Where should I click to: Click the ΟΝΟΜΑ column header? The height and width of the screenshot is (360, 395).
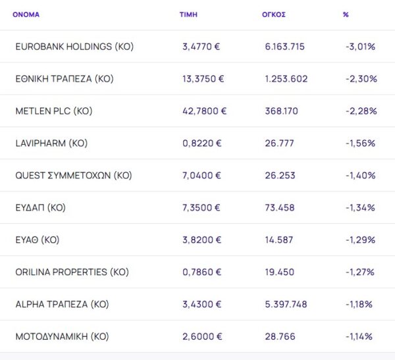tap(26, 14)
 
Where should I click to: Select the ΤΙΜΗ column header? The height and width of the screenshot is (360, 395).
tap(188, 14)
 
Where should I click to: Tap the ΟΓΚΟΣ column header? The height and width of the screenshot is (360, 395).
tap(273, 14)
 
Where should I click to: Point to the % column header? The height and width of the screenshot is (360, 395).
tap(346, 14)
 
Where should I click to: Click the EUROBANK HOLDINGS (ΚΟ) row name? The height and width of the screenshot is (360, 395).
tap(74, 47)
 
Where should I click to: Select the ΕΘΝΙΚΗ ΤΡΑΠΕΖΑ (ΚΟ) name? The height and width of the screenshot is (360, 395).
tap(65, 79)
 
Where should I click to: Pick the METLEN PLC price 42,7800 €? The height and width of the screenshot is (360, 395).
tap(205, 111)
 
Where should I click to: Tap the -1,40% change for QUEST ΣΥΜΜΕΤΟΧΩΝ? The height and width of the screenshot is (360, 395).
tap(360, 176)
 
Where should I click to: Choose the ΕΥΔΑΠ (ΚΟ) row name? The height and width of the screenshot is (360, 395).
tap(40, 208)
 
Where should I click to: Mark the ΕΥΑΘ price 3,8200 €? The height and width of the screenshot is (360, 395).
tap(201, 240)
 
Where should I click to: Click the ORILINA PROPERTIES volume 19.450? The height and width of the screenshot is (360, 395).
tap(280, 272)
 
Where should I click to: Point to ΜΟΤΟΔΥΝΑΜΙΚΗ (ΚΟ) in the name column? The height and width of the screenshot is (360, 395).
tap(62, 337)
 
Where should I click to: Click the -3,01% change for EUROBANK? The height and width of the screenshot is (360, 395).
tap(360, 47)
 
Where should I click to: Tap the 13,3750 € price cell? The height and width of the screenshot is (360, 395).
tap(203, 79)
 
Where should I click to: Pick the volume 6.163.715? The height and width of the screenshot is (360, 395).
tap(284, 47)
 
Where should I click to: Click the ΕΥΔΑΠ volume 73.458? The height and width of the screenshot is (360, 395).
tap(280, 208)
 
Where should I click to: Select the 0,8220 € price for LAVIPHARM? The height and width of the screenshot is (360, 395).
tap(201, 143)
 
